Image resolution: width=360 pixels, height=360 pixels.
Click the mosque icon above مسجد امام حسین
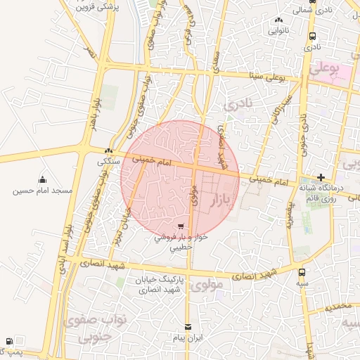pyautogui.click(x=42, y=179)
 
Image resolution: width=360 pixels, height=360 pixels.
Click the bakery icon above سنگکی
pyautogui.click(x=108, y=151)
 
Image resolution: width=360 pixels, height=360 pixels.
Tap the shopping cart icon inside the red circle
pyautogui.click(x=181, y=227)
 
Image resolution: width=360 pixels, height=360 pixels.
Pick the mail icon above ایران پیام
pyautogui.click(x=188, y=327)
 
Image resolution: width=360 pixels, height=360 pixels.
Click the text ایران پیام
pyautogui.click(x=188, y=338)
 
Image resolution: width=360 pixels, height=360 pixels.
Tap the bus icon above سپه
pyautogui.click(x=302, y=272)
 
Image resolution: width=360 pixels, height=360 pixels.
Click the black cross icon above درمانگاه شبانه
pyautogui.click(x=321, y=177)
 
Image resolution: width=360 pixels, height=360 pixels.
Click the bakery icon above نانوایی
pyautogui.click(x=278, y=20)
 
